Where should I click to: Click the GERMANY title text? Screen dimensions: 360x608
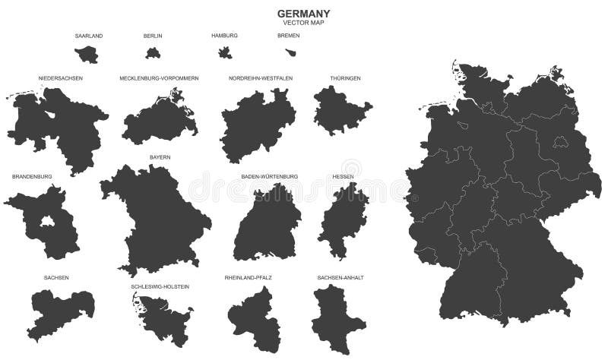pos(302,13)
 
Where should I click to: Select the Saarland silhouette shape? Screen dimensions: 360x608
pos(87,54)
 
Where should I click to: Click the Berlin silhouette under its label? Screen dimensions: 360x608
pos(153,53)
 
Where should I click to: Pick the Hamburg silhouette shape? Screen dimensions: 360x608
pos(225,52)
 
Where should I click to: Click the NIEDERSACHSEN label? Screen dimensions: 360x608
pos(61,78)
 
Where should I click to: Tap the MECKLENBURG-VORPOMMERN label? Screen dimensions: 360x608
pos(159,78)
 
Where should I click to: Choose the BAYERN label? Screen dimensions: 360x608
pos(160,157)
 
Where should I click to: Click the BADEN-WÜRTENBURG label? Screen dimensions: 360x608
pos(269,176)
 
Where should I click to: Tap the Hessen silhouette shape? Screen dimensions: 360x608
pos(343,220)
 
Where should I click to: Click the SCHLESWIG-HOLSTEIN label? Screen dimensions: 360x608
pos(160,286)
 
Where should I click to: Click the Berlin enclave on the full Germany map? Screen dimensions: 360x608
pos(562,141)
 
